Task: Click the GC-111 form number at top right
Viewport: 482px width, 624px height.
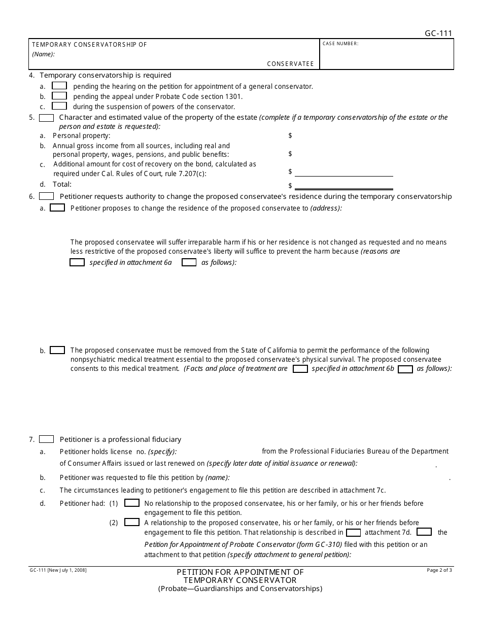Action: point(438,34)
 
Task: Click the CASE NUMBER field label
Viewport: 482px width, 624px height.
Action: point(340,44)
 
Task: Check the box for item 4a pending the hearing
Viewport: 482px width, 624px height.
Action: point(59,86)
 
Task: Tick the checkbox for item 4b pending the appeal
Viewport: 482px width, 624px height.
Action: point(59,96)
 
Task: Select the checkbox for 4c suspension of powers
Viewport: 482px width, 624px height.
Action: point(59,106)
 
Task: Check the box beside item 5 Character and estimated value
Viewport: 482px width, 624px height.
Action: point(47,118)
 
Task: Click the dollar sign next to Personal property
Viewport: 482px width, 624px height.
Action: point(290,135)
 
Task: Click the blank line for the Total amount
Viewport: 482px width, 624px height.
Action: point(343,186)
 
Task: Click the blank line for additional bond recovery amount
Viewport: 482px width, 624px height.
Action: point(343,172)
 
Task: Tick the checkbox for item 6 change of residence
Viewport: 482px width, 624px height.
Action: point(47,196)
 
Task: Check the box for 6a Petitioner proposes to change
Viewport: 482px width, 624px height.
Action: point(57,207)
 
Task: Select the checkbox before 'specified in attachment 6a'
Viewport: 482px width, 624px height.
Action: point(77,262)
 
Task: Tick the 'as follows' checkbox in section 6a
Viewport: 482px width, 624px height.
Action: point(189,262)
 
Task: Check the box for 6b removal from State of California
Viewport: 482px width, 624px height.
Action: point(57,350)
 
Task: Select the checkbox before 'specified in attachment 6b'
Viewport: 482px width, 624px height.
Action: point(300,369)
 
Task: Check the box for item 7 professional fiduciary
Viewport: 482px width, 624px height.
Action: point(47,439)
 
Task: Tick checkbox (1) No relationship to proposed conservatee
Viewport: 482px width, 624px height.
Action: point(132,503)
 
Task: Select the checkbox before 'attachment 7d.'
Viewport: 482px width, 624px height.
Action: point(353,532)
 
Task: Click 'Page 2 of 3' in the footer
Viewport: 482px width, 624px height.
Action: point(440,571)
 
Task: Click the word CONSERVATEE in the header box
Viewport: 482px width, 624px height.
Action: point(291,64)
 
